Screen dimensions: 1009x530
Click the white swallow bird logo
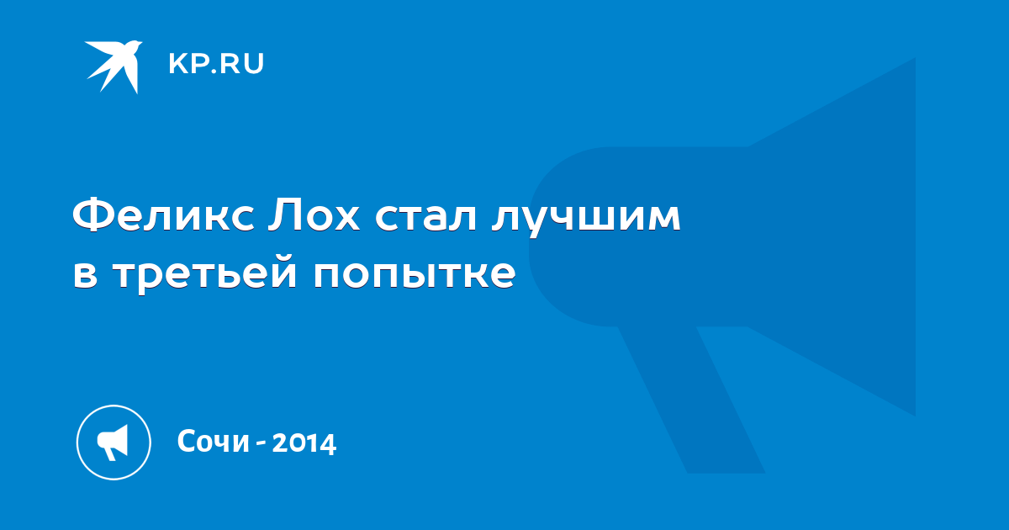(x=114, y=66)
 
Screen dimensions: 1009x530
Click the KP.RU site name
(x=216, y=64)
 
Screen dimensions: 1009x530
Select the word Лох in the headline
(x=314, y=215)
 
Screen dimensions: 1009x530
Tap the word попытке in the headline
(x=415, y=274)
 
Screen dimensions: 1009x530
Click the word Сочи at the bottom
(x=213, y=441)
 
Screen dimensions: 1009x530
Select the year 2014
(x=304, y=443)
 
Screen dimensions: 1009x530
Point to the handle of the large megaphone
(x=691, y=400)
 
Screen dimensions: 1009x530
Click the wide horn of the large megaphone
(x=833, y=236)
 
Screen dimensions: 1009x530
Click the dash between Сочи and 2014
(x=261, y=444)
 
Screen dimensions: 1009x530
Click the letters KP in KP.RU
(x=188, y=64)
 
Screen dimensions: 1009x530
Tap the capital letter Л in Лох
(x=284, y=215)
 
